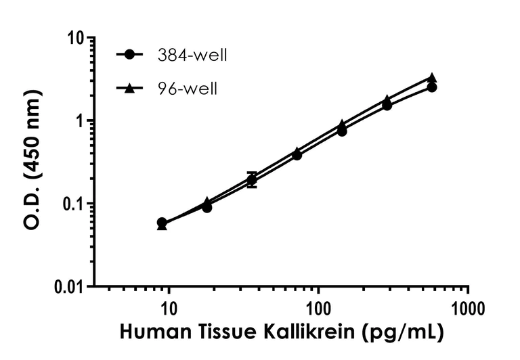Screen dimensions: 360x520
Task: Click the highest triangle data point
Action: click(432, 78)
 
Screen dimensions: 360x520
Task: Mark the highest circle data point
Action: click(432, 87)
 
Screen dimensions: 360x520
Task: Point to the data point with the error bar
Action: click(252, 180)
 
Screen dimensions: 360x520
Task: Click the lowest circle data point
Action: click(162, 223)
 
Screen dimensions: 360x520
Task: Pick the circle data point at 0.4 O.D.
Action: click(297, 155)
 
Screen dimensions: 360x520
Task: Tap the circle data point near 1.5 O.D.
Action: click(387, 105)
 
